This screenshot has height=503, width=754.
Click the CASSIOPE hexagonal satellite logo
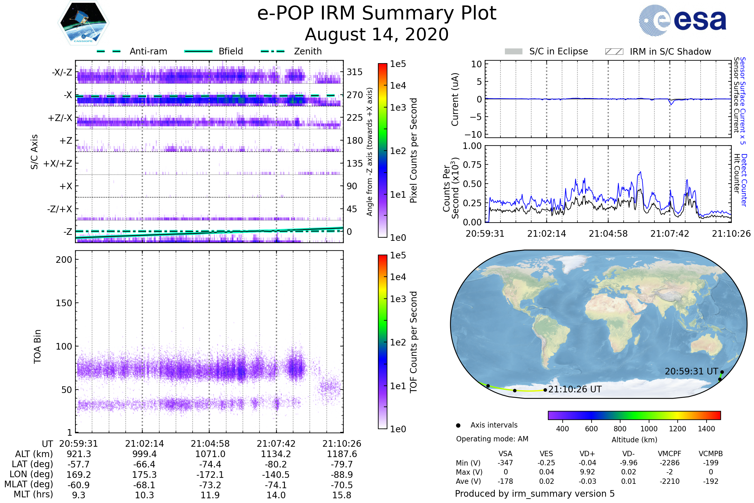point(83,22)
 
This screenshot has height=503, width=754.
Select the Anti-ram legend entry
point(132,51)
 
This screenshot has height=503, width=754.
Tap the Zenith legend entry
point(291,51)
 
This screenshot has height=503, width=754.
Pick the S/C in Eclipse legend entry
point(546,51)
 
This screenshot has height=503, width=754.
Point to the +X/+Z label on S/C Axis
point(58,163)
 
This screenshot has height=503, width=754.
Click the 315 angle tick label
point(355,72)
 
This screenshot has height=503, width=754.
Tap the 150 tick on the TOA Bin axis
point(64,303)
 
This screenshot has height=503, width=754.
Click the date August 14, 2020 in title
point(377,34)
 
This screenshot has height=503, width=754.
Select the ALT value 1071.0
point(210,454)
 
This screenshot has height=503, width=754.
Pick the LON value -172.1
point(210,475)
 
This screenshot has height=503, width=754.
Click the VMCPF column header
point(669,454)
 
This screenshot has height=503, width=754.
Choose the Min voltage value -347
point(505,463)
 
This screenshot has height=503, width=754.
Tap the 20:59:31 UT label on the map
point(691,372)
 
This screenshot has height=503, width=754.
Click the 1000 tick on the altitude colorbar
point(649,429)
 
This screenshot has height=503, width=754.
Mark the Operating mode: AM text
point(492,439)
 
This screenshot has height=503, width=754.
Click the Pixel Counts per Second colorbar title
point(413,151)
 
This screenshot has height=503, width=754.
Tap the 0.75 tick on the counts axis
point(472,165)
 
